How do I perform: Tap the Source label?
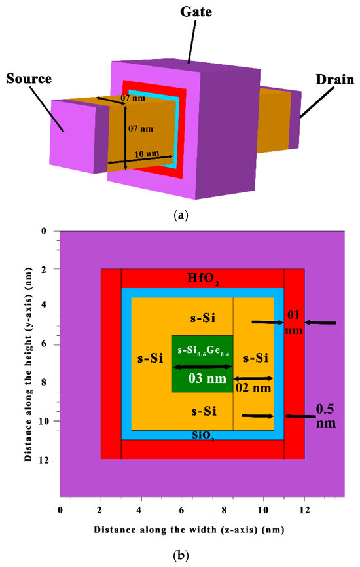30,81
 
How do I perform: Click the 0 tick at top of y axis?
45,231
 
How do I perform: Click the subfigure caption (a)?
180,214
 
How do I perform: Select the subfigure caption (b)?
180,556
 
